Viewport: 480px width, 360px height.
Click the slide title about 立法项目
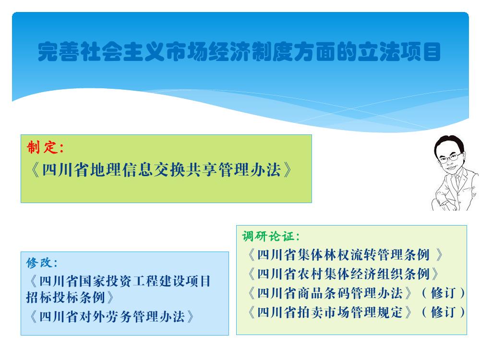tap(239, 51)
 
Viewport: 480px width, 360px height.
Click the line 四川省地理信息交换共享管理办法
tap(161, 169)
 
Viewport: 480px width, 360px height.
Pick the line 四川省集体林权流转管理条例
tap(345, 255)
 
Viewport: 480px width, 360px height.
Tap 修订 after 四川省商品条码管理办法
tap(443, 293)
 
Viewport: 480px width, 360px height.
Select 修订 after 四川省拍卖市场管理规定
tap(443, 312)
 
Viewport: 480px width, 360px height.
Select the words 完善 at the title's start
tap(59, 51)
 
